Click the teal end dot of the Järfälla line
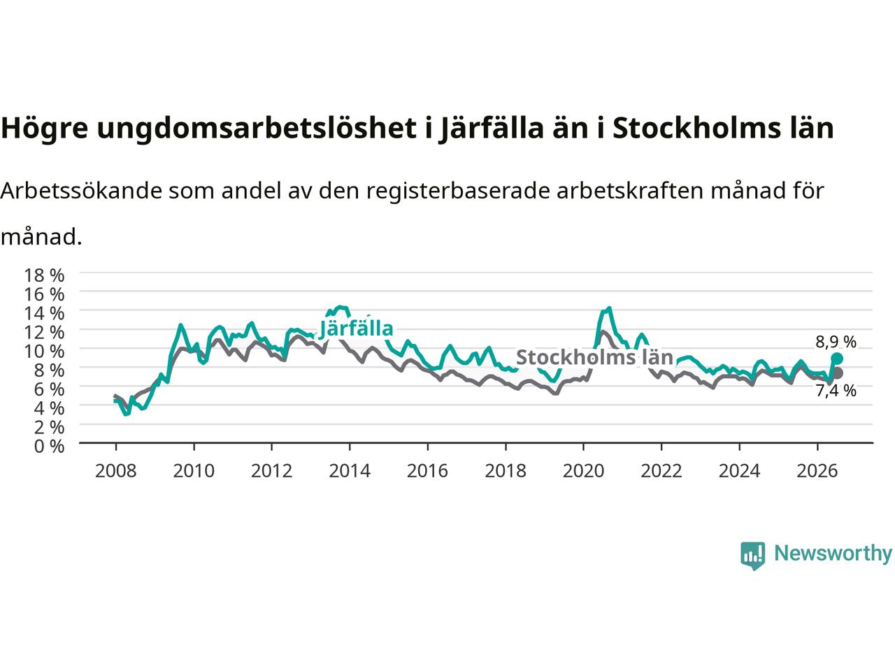[836, 359]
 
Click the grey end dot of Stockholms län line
[837, 373]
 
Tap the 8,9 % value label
[836, 342]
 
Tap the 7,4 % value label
[836, 391]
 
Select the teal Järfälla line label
[356, 329]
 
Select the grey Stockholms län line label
[594, 357]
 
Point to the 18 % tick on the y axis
[44, 275]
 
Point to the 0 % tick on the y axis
[49, 447]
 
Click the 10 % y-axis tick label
[44, 351]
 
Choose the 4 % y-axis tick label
[49, 408]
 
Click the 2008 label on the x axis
[116, 471]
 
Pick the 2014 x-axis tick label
[350, 471]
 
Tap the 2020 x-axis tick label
[583, 471]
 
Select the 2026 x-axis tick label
[817, 471]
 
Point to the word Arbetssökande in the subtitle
[82, 192]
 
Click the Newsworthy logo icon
[752, 556]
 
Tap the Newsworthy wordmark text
[833, 554]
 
